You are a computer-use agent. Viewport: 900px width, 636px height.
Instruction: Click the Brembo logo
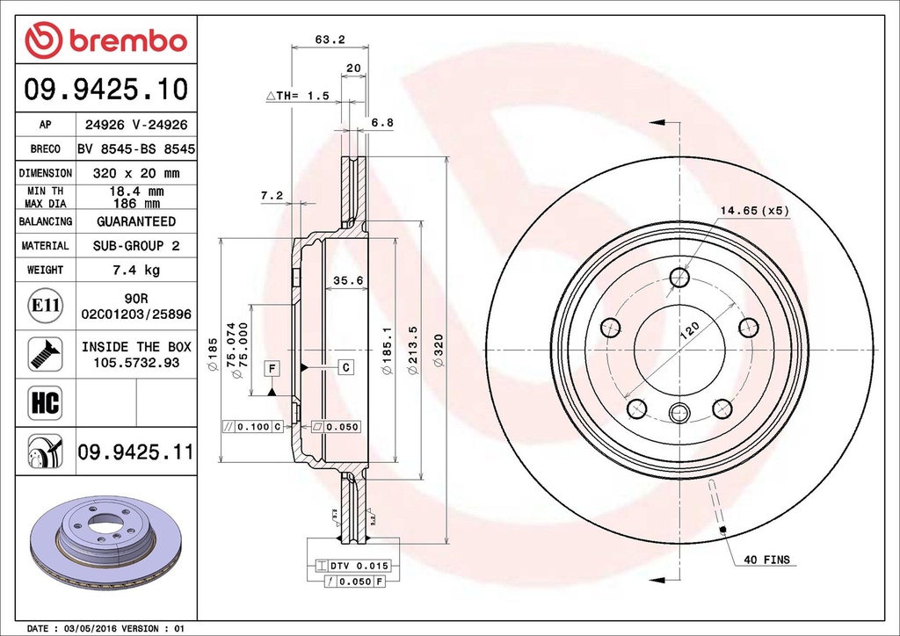[x=105, y=40]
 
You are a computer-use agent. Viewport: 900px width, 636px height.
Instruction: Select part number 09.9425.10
[x=105, y=89]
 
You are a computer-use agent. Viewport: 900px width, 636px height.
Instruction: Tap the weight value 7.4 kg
[x=135, y=270]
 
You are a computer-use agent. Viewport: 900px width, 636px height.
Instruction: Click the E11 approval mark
[x=44, y=306]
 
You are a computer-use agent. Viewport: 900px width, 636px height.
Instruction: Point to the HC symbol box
[x=44, y=403]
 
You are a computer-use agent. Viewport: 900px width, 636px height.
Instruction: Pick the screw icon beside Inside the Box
[x=44, y=353]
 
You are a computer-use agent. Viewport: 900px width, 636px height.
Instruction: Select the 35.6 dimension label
[x=348, y=281]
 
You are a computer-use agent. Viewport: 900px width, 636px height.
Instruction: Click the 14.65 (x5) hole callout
[x=755, y=211]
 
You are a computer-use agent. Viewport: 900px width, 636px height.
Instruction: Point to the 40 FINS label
[x=766, y=560]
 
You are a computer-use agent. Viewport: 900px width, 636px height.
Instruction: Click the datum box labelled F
[x=272, y=368]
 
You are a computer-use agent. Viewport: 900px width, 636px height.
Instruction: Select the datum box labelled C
[x=346, y=366]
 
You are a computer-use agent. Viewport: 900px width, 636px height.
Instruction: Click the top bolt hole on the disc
[x=679, y=278]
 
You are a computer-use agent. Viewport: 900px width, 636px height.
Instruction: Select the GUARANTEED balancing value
[x=135, y=221]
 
